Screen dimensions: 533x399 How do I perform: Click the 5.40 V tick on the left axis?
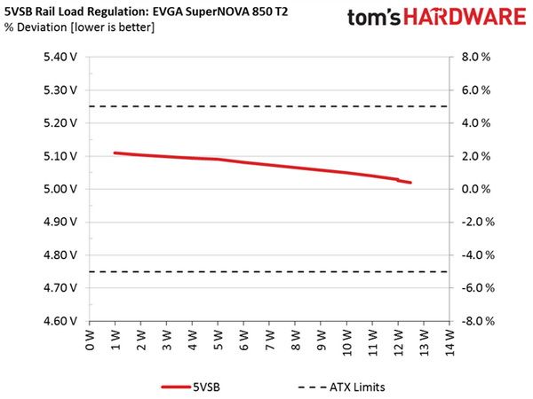60,57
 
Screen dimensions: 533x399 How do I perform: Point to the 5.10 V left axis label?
60,156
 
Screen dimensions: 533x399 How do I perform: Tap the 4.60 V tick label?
60,321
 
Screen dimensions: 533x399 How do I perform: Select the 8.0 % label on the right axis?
476,57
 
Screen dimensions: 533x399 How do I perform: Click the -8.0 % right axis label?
478,321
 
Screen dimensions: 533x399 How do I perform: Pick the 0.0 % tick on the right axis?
476,189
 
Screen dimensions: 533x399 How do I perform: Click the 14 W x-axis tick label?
449,342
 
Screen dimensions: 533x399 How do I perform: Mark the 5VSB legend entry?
191,387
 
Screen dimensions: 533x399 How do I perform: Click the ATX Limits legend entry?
342,387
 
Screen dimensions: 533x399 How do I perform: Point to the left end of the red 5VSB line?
115,153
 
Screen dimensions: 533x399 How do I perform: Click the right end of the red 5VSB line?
410,183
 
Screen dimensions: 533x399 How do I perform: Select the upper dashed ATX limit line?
268,106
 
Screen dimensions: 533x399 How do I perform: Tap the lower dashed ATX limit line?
268,272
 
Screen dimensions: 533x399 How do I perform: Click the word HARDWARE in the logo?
465,17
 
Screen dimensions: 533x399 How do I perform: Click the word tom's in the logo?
374,18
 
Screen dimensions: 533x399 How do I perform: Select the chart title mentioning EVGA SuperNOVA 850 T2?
147,12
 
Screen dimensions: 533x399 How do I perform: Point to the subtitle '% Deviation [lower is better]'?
79,27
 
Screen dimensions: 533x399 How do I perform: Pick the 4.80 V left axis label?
60,255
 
